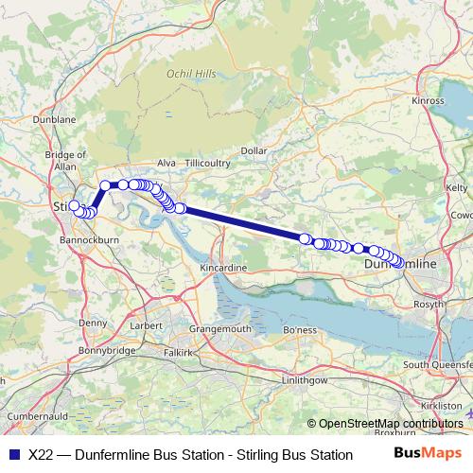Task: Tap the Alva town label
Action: (x=166, y=163)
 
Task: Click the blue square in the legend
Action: (x=11, y=455)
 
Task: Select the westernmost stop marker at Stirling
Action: (x=74, y=204)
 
